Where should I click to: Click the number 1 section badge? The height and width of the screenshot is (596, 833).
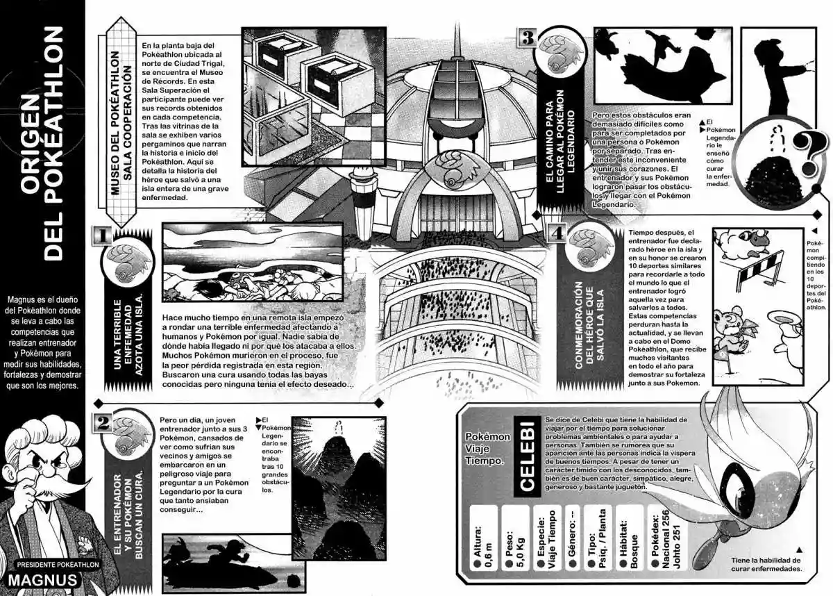101,235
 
